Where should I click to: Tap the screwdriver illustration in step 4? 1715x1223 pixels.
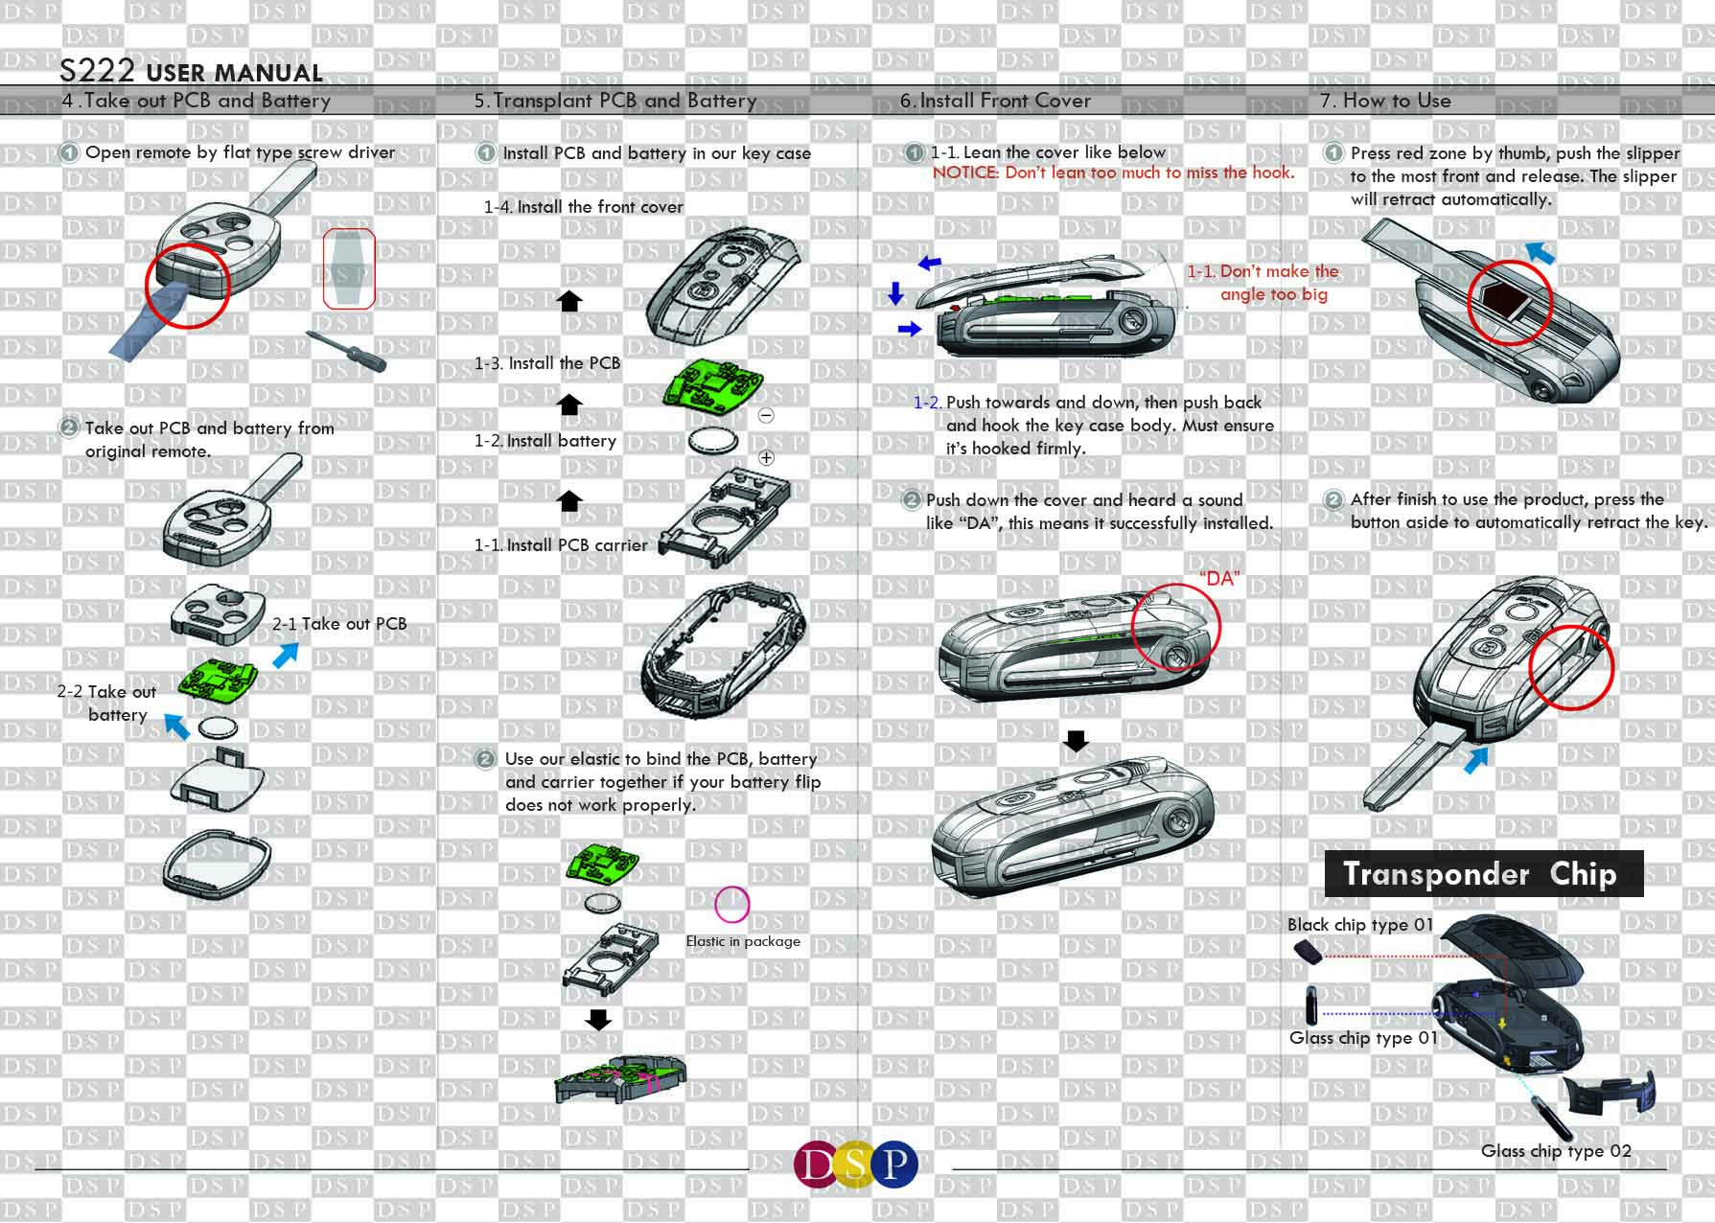[346, 352]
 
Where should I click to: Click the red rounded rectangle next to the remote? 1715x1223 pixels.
[348, 268]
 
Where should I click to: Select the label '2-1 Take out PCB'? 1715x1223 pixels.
[339, 624]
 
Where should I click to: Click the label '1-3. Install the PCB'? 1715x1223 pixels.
[547, 363]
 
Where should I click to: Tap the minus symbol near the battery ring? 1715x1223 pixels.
[766, 416]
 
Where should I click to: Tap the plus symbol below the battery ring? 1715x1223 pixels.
[766, 457]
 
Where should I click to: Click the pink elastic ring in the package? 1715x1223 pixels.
[732, 904]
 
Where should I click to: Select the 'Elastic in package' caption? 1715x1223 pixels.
[743, 941]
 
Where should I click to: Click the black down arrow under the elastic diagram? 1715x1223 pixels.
[598, 1019]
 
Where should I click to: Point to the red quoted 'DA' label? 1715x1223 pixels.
[1219, 579]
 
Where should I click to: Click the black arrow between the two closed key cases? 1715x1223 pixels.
[1077, 741]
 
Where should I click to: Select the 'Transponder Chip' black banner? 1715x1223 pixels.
[1483, 874]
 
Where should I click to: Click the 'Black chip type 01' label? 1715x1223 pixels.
[1359, 925]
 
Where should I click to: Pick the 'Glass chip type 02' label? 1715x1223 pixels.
[1556, 1151]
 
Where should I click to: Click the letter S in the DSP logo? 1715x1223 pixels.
[857, 1164]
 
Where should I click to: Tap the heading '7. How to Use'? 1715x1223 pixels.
[1386, 101]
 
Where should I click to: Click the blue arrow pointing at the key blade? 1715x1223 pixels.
[1476, 760]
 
